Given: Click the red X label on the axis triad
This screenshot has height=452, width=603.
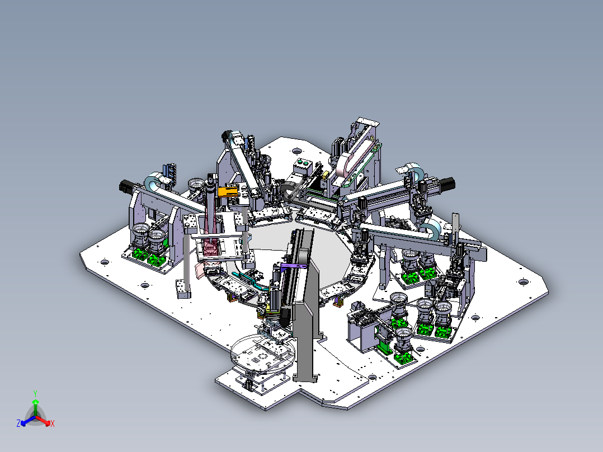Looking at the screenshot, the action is [53, 424].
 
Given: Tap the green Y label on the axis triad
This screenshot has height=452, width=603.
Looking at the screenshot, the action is [35, 393].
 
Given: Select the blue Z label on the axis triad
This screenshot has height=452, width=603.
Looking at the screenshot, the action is [18, 423].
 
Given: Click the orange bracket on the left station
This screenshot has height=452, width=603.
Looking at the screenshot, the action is [227, 191].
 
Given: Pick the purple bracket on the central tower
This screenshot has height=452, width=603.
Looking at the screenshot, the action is [294, 267].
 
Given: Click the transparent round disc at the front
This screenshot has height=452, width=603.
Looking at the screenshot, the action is [263, 353].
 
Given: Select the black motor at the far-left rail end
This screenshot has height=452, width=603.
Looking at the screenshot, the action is [126, 187].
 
